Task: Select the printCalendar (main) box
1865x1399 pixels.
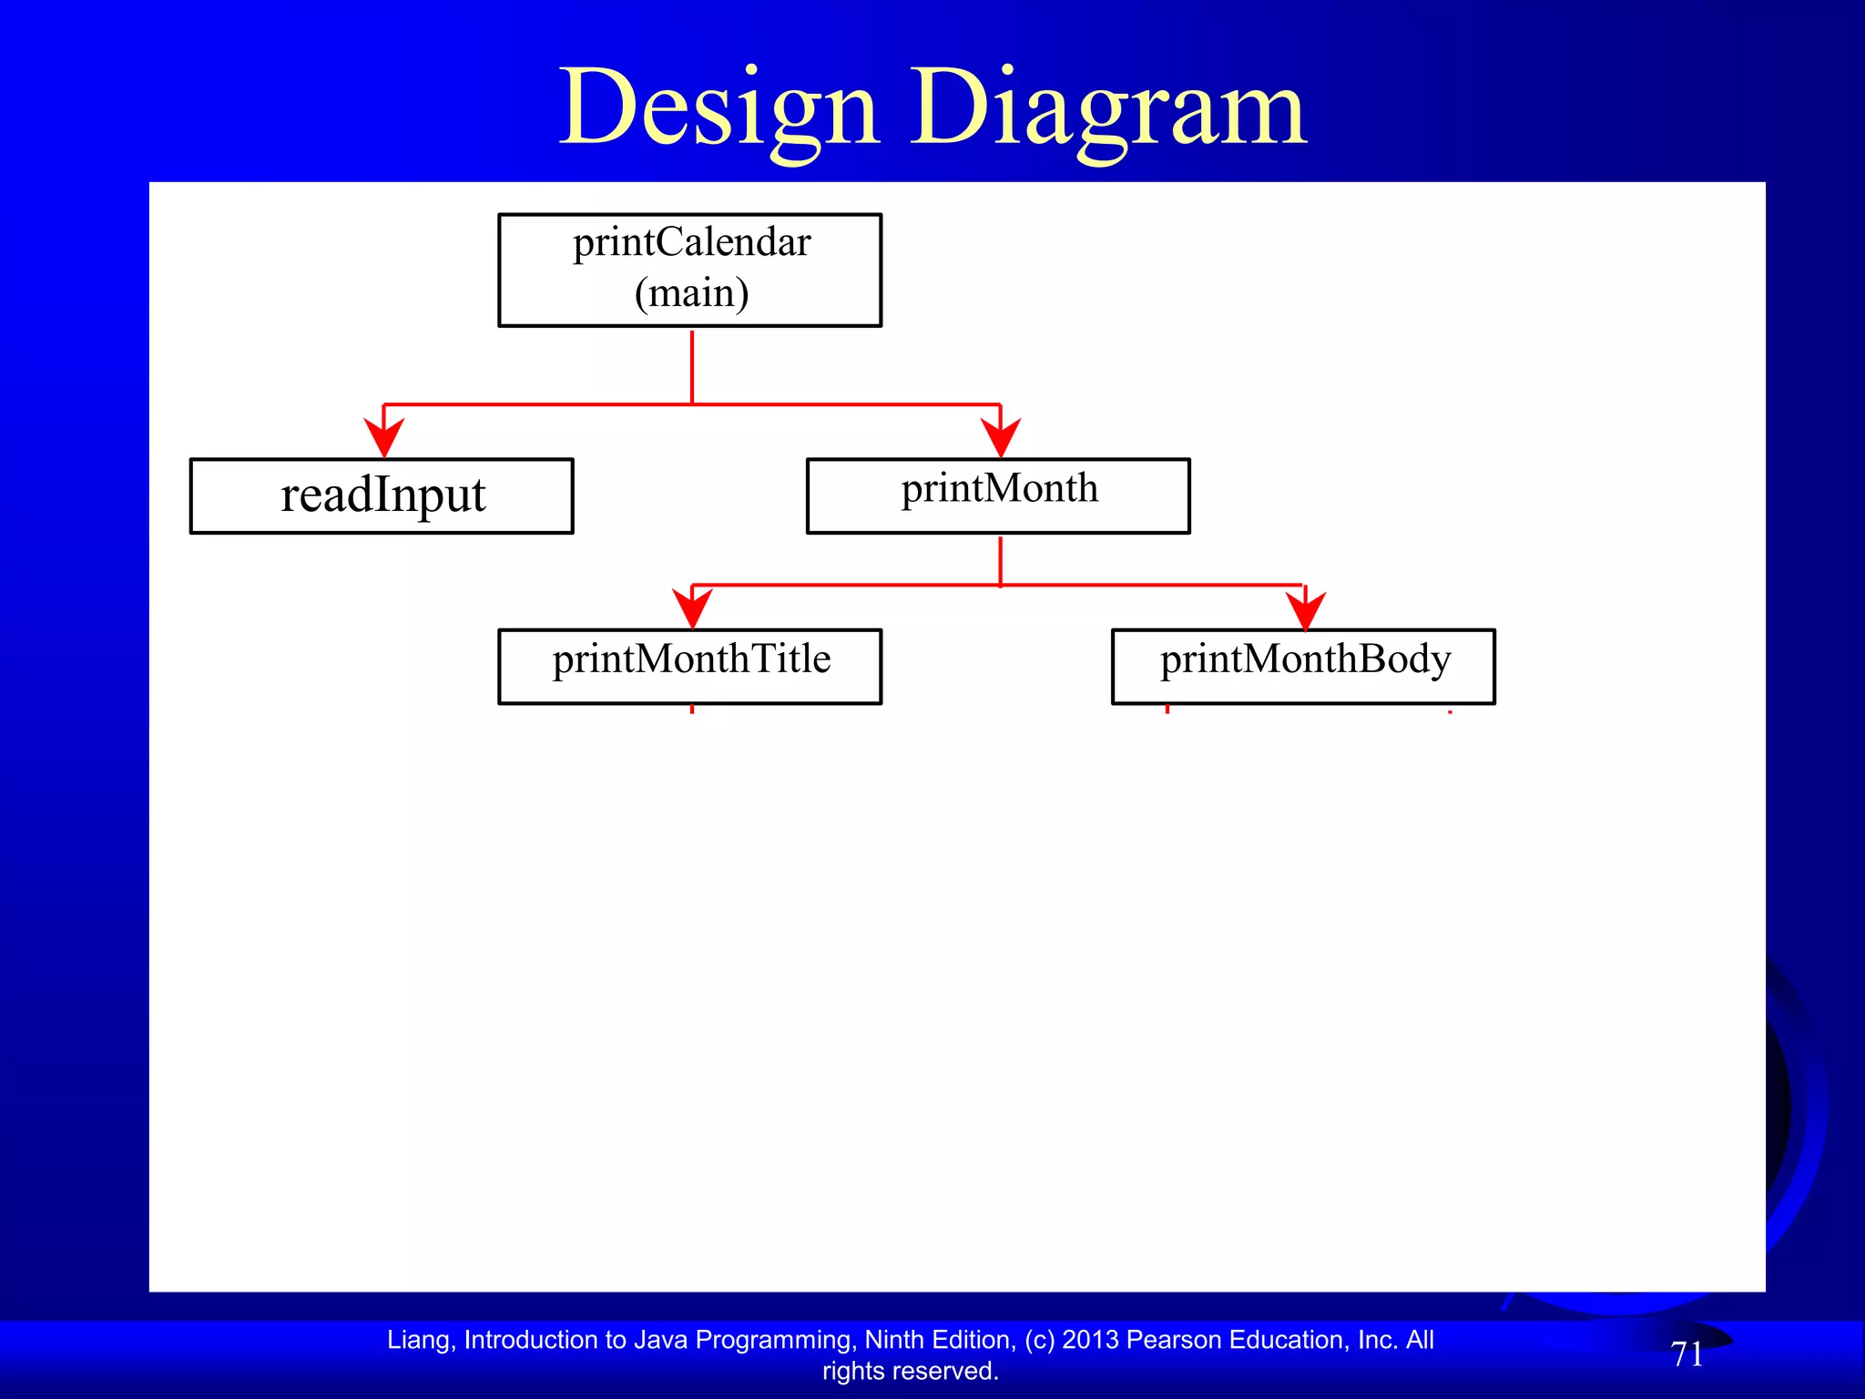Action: click(690, 270)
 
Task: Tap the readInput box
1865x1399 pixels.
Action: click(382, 495)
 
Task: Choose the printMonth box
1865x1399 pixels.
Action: click(998, 495)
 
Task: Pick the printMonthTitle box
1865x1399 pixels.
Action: click(690, 666)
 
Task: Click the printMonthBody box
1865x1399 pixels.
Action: click(1303, 666)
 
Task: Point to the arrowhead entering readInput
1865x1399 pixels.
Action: click(383, 438)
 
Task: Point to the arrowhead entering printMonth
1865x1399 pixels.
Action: click(1001, 438)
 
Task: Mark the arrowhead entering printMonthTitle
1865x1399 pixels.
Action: click(692, 608)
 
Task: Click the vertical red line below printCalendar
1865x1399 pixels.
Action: click(692, 366)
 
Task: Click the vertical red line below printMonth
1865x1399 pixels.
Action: click(1001, 560)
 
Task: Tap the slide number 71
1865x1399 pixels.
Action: click(1687, 1354)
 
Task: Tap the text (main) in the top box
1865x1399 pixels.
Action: click(692, 293)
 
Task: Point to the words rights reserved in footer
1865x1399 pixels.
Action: click(910, 1371)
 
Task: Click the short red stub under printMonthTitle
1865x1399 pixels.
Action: click(692, 709)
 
